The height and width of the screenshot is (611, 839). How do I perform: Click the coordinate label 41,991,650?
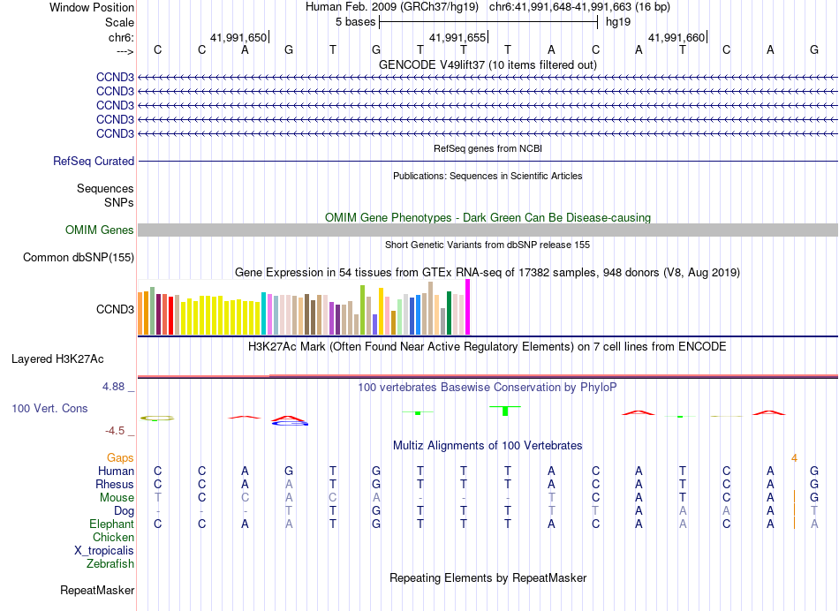coord(238,37)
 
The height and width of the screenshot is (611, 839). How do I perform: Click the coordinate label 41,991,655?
coord(457,37)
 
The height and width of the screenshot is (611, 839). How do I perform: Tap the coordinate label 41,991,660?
coord(676,37)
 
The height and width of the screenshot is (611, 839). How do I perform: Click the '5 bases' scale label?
coord(355,21)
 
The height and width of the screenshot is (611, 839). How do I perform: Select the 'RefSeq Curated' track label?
coord(94,161)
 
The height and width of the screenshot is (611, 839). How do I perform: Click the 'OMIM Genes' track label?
coord(100,230)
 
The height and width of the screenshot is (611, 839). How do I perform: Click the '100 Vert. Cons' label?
coord(49,408)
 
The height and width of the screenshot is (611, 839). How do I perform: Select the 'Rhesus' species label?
coord(115,484)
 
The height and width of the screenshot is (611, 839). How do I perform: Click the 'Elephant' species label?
coord(111,524)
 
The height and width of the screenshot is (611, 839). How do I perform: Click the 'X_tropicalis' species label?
coord(104,550)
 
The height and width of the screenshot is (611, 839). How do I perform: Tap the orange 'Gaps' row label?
coord(120,457)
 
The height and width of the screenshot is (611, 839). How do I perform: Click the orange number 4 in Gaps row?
coord(794,457)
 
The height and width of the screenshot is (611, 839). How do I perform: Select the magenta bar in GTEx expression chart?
coord(467,307)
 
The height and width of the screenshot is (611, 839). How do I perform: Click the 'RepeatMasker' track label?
coord(97,589)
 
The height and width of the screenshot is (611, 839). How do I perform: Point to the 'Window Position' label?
coord(92,7)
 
